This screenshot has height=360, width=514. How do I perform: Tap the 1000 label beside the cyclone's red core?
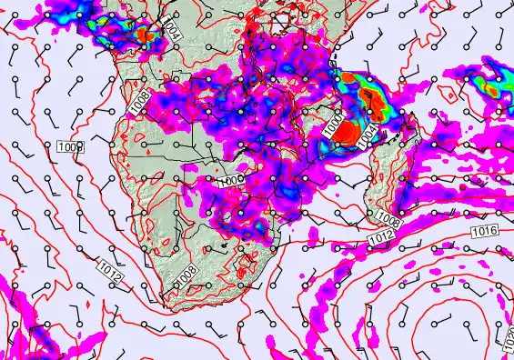pyautogui.click(x=338, y=129)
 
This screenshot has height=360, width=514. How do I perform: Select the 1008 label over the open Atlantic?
pyautogui.click(x=70, y=146)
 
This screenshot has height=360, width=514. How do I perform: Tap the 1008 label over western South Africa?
pyautogui.click(x=187, y=275)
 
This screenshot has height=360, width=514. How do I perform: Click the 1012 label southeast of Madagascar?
pyautogui.click(x=380, y=238)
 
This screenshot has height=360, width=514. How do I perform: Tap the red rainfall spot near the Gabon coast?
pyautogui.click(x=144, y=36)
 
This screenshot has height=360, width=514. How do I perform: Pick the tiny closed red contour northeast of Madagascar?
pyautogui.click(x=447, y=92)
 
